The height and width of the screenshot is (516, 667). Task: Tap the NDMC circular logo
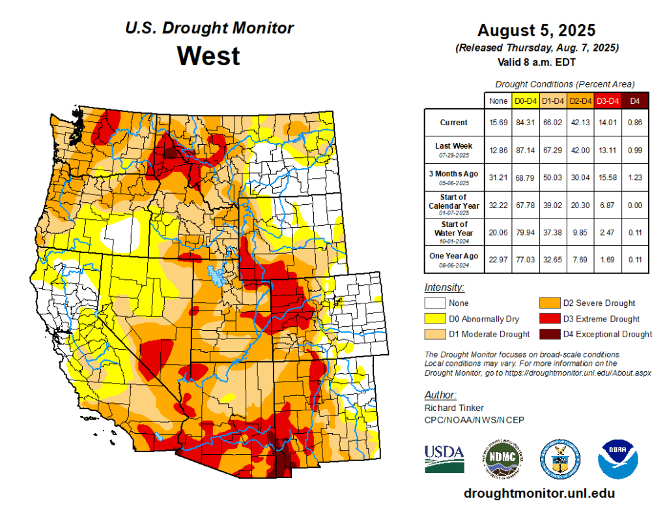[502, 457]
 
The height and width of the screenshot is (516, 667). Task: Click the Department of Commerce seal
[560, 458]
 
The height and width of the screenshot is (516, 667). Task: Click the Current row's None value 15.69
[498, 122]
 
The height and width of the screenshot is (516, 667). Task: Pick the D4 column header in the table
[635, 100]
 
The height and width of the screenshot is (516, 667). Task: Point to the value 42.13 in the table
[580, 122]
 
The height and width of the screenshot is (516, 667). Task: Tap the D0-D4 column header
[525, 100]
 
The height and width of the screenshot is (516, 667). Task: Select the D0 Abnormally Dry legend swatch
[434, 319]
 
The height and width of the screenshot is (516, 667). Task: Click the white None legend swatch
[434, 303]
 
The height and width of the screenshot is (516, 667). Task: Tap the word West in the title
[208, 55]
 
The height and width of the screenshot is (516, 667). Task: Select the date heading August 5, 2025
[536, 31]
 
